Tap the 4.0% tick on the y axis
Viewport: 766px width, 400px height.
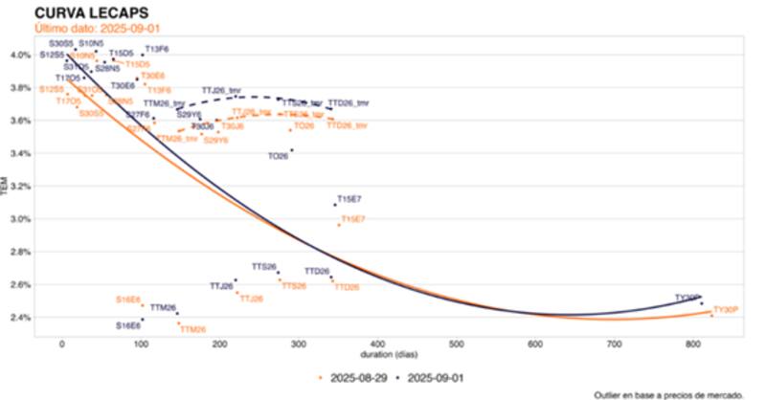coord(20,55)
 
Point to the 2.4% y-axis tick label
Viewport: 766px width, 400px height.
coord(20,318)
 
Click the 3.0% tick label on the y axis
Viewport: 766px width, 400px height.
coord(20,219)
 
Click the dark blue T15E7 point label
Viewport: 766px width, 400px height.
coord(349,198)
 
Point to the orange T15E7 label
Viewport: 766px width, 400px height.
coord(353,219)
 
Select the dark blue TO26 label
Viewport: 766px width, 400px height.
coord(278,156)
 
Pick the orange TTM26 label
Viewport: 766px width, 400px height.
coord(192,329)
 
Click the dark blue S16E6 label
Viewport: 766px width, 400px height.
coord(128,325)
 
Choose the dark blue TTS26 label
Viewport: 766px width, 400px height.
coord(264,266)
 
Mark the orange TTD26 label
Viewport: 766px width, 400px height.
coord(347,287)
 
